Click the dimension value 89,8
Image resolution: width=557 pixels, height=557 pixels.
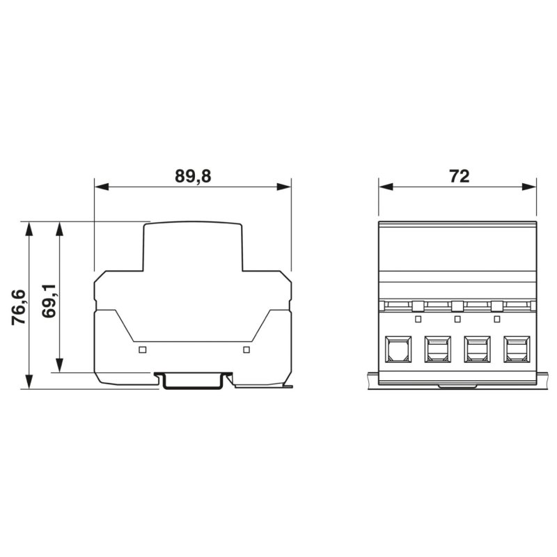pyautogui.click(x=193, y=176)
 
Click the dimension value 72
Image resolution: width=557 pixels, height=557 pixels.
pyautogui.click(x=460, y=176)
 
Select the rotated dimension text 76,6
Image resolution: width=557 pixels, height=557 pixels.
pyautogui.click(x=19, y=308)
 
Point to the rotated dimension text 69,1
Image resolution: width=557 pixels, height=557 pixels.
pyautogui.click(x=49, y=301)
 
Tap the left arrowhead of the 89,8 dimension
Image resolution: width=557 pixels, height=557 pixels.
pyautogui.click(x=102, y=187)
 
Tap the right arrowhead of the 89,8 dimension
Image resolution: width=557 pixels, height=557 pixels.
pyautogui.click(x=284, y=187)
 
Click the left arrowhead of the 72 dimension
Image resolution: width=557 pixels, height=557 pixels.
pyautogui.click(x=386, y=187)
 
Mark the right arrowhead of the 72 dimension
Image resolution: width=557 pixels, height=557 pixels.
pyautogui.click(x=529, y=187)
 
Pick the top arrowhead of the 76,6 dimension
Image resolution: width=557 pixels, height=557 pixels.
pyautogui.click(x=29, y=229)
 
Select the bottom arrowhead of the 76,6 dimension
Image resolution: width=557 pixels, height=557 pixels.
pyautogui.click(x=29, y=382)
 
